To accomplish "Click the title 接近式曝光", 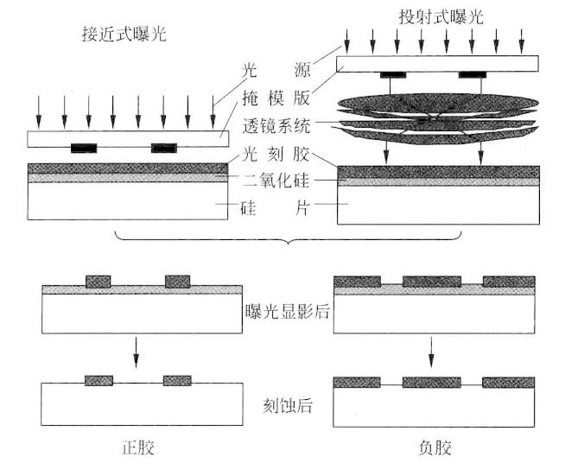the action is coord(124,35).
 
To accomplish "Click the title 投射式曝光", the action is coord(441,17).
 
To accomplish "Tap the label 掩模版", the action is coord(276,98).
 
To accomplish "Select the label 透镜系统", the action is coord(276,126).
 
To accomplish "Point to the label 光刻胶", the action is coord(276,154).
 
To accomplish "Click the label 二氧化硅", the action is coord(276,181).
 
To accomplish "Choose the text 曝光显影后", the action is coord(287,312).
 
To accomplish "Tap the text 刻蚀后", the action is coord(288,405).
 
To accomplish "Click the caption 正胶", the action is coord(138,447).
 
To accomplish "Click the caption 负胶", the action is coord(435,447).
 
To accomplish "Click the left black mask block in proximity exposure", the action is coord(84,148).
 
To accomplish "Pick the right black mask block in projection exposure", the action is coord(473,75).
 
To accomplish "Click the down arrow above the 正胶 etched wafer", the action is coord(137,352).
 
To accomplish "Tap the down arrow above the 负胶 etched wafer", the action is coord(431,352).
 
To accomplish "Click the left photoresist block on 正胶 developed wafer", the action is coord(98,282).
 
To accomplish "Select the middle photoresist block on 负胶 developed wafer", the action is coord(432,282).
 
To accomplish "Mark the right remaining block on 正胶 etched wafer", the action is coord(177,380).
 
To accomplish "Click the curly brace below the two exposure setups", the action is coord(289,238).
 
